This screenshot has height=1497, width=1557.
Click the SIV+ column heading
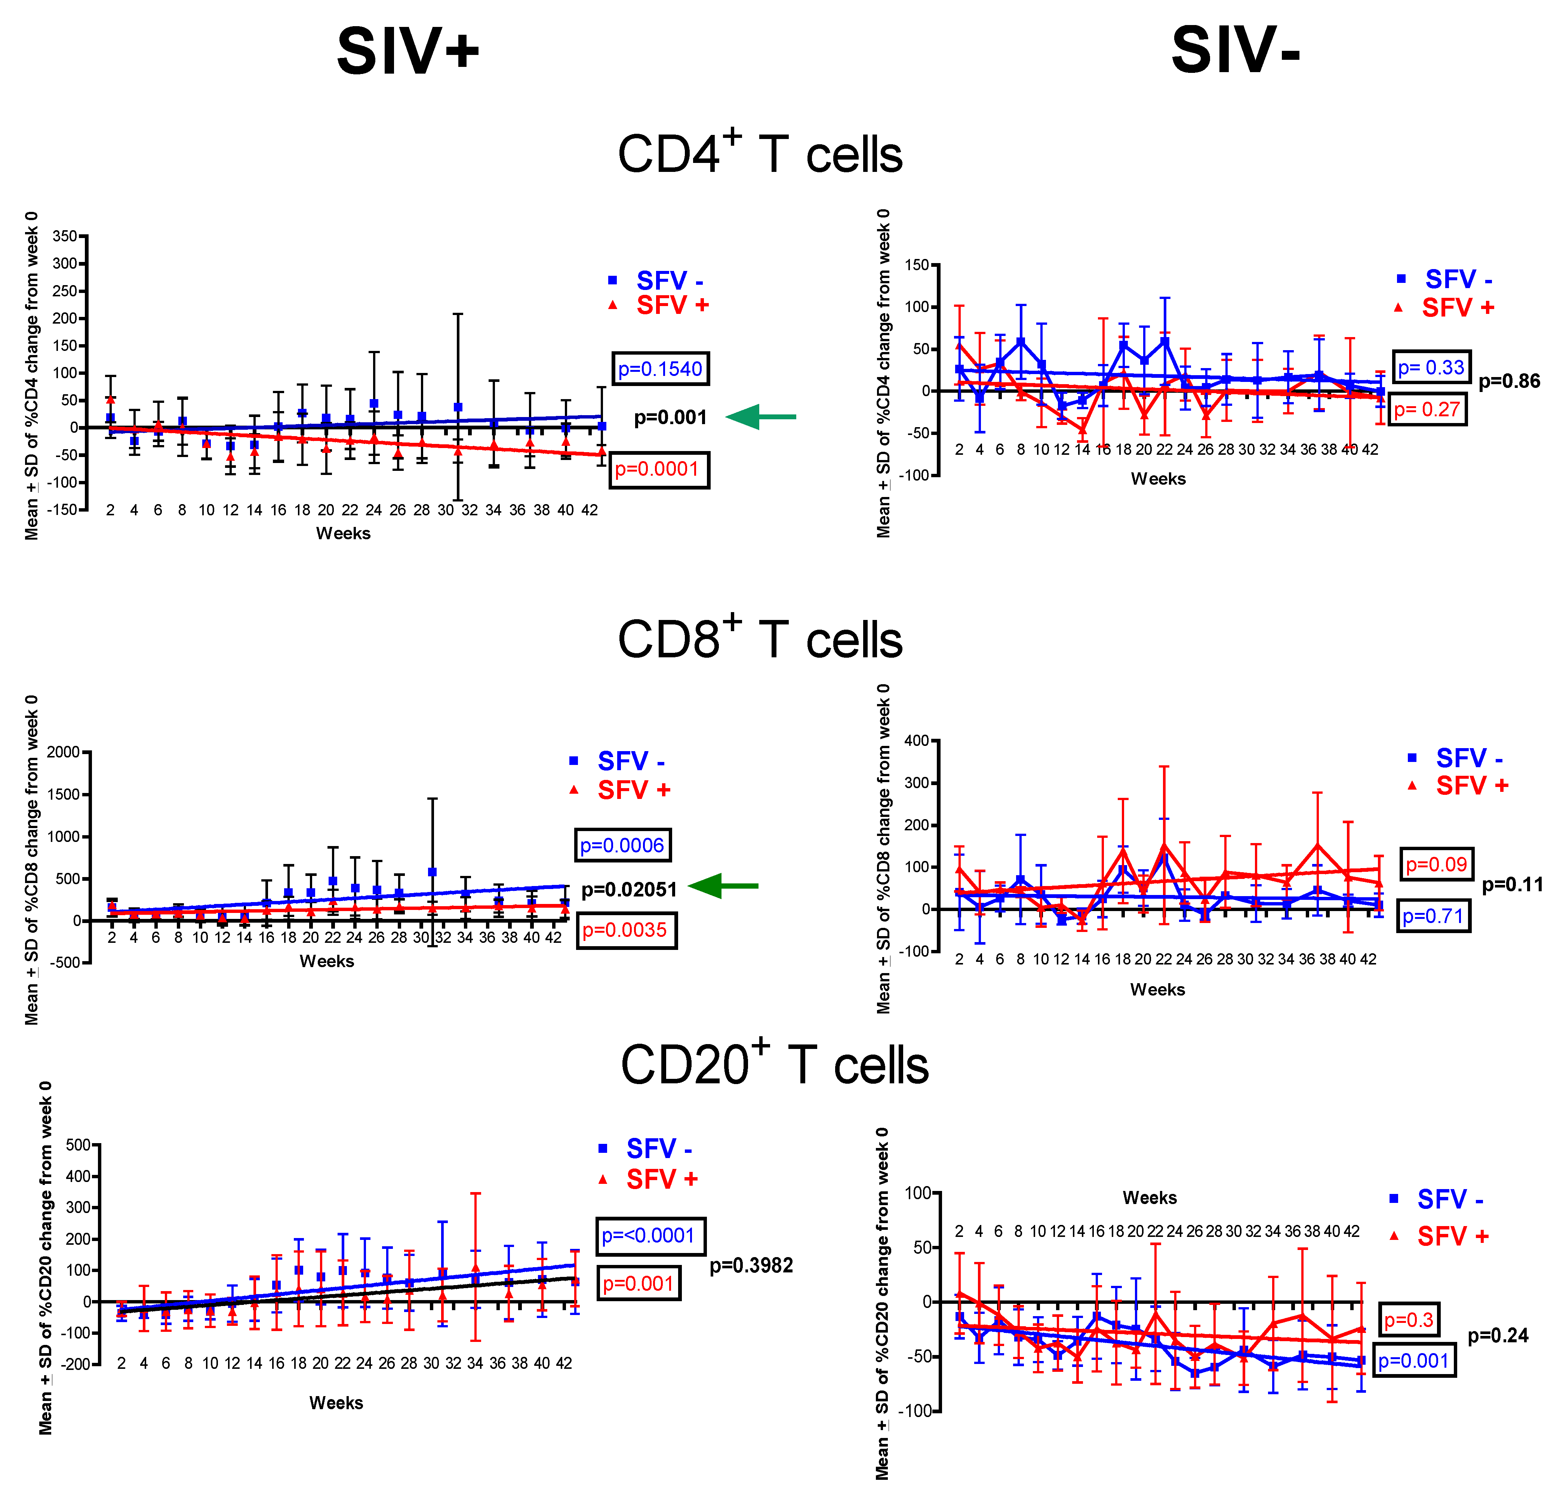(407, 52)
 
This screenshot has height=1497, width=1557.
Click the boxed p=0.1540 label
(660, 369)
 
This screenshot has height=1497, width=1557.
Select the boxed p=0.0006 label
(622, 845)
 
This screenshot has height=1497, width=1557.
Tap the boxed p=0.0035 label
(625, 930)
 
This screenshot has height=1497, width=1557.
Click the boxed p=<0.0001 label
(649, 1236)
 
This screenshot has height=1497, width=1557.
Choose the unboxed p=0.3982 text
(751, 1265)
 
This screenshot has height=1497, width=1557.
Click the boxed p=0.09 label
(1436, 864)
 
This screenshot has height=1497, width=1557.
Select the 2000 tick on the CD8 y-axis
(64, 752)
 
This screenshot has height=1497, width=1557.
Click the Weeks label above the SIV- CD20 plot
(1150, 1198)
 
